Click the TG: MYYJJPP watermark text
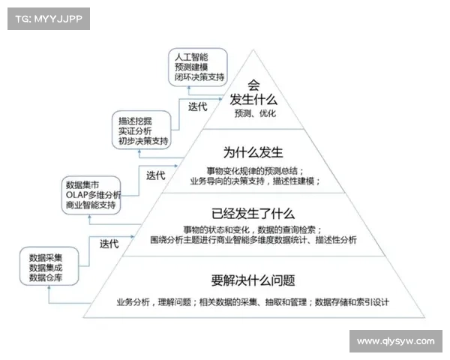(x=49, y=19)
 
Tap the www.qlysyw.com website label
(x=396, y=341)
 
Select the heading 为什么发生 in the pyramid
(x=253, y=152)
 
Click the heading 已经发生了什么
(x=253, y=214)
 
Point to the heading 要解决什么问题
(x=253, y=280)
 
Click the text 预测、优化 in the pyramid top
(x=255, y=113)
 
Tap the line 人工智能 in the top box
(x=191, y=57)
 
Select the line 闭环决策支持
(x=199, y=77)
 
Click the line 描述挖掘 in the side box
(x=135, y=121)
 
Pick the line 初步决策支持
(x=143, y=141)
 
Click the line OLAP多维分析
(x=94, y=195)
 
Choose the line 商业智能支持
(x=91, y=205)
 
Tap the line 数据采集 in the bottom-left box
(x=46, y=257)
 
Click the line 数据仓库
(x=46, y=277)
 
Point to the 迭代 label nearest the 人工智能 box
(x=198, y=106)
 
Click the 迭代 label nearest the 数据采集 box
(x=109, y=244)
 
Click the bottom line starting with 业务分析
(x=253, y=302)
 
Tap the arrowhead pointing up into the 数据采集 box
(x=49, y=287)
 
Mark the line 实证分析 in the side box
(x=135, y=131)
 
